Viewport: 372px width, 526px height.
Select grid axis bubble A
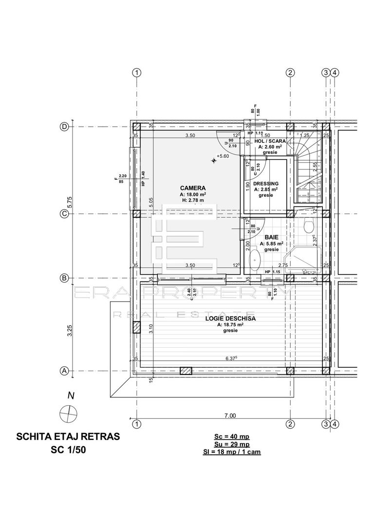point(63,371)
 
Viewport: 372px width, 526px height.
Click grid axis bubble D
point(63,126)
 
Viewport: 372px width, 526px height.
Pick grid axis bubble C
point(63,214)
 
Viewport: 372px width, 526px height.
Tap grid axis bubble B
point(63,278)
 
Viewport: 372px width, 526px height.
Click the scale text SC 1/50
point(69,450)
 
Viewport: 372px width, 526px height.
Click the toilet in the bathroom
point(308,225)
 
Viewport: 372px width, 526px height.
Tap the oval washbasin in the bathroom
point(255,260)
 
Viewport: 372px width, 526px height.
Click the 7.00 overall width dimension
point(230,415)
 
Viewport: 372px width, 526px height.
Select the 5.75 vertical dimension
point(69,202)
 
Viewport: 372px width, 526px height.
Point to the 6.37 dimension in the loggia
point(231,358)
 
